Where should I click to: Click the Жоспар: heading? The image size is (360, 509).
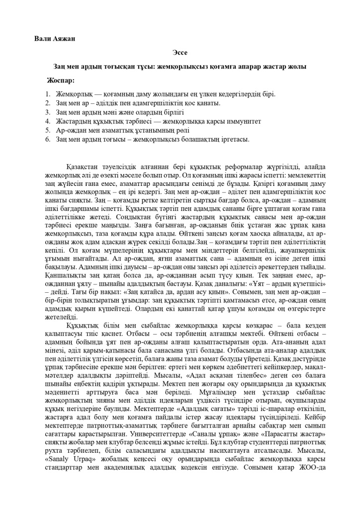(x=61, y=80)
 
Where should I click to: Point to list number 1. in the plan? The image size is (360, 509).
(x=48, y=94)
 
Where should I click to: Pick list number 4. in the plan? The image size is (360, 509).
(x=48, y=121)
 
